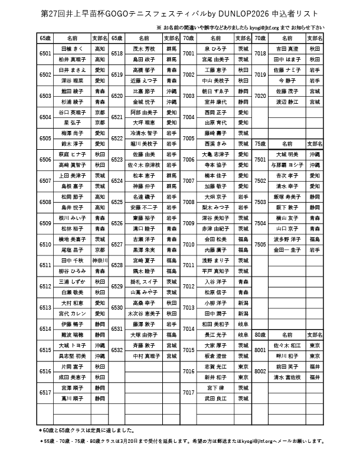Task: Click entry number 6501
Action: (45, 54)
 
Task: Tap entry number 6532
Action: (116, 350)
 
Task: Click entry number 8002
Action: (260, 372)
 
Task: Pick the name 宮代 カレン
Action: (73, 313)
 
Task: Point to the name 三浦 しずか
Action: (73, 281)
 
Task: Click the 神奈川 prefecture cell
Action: (100, 260)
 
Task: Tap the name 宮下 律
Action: (215, 387)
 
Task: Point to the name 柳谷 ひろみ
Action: (73, 271)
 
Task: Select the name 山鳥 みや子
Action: (144, 292)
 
